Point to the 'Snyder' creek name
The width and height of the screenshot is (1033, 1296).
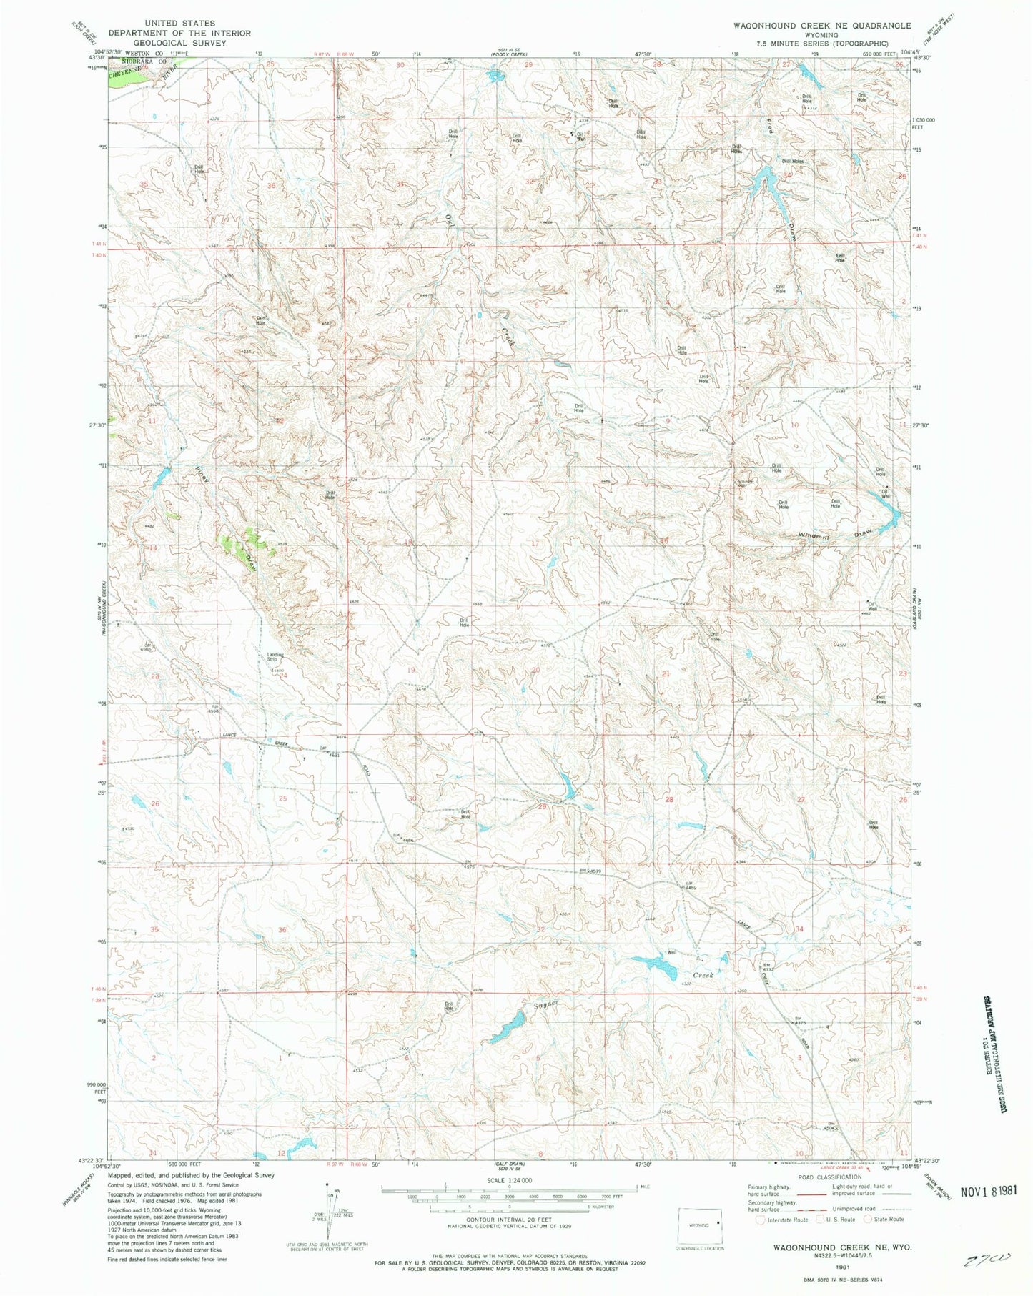point(544,1006)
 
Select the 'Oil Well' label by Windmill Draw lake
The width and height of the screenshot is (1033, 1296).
point(885,493)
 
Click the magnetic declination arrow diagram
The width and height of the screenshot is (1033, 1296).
point(330,1210)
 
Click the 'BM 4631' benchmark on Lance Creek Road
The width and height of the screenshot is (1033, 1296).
point(325,750)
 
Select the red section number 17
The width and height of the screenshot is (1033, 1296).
point(535,543)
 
